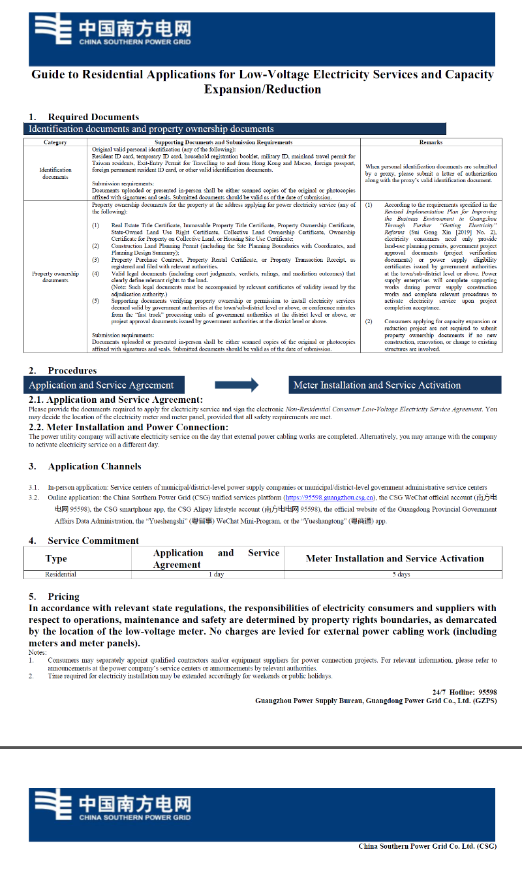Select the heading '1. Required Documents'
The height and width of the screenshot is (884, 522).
tap(84, 118)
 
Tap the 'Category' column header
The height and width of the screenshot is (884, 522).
tap(55, 142)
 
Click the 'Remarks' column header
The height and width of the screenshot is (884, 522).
tap(431, 142)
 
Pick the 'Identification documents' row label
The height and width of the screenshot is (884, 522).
tap(55, 173)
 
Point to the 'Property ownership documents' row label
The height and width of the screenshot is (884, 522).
tap(55, 277)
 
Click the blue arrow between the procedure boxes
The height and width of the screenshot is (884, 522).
tap(236, 385)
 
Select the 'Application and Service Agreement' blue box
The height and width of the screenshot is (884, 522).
tap(104, 385)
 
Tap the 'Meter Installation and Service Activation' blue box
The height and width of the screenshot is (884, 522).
tap(395, 385)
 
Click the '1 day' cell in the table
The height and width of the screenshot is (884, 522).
tap(216, 575)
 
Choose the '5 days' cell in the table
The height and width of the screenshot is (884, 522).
tap(401, 575)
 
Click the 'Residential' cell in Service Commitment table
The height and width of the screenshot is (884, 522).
tap(61, 575)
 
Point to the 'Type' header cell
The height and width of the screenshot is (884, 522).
tap(56, 559)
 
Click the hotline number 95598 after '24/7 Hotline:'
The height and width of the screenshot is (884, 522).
tap(487, 692)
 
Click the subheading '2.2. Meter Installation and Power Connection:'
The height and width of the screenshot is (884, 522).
tap(129, 428)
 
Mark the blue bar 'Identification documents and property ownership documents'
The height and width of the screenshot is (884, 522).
tap(235, 129)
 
